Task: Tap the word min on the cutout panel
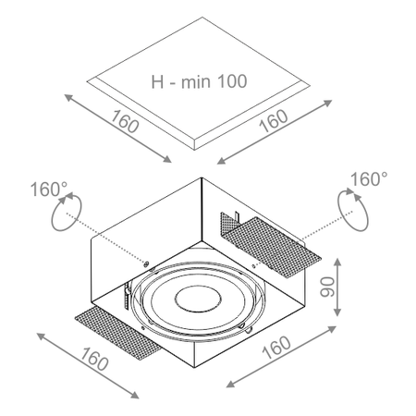pyautogui.click(x=193, y=81)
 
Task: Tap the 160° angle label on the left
pyautogui.click(x=49, y=190)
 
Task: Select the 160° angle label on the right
pyautogui.click(x=368, y=178)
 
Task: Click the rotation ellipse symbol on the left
pyautogui.click(x=62, y=216)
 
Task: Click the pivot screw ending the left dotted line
pyautogui.click(x=146, y=265)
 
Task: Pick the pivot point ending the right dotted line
pyautogui.click(x=256, y=264)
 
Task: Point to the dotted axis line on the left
pyautogui.click(x=106, y=242)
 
